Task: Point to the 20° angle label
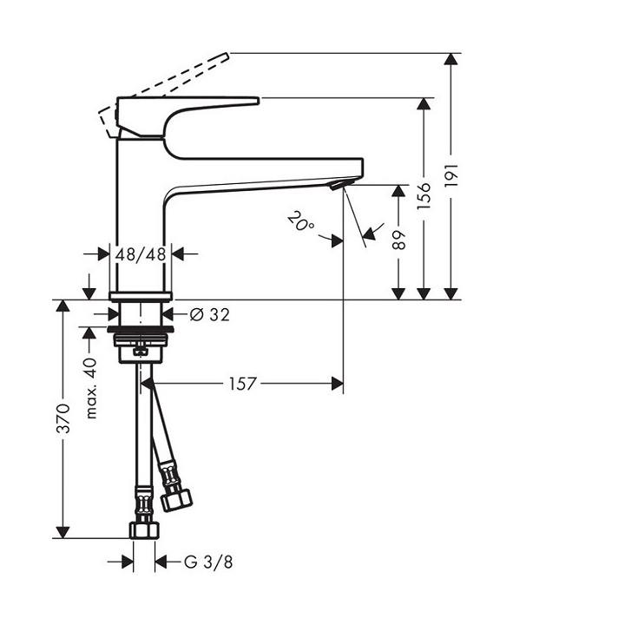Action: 301,223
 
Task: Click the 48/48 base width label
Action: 141,254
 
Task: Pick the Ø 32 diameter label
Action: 208,314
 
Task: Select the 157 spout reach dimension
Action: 244,383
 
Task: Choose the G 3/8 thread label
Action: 208,562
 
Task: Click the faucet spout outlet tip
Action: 339,185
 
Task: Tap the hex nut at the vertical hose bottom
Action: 142,528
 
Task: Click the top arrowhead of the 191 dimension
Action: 451,60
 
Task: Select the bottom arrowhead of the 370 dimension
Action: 62,530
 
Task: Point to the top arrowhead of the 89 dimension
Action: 398,191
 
